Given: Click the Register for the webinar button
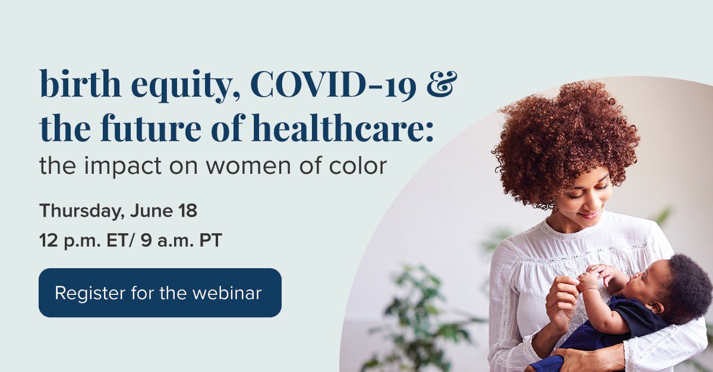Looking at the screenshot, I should [160, 292].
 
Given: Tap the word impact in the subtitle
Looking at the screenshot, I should [124, 167].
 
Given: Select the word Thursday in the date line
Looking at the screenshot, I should [77, 211].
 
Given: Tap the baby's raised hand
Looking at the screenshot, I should [588, 279].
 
